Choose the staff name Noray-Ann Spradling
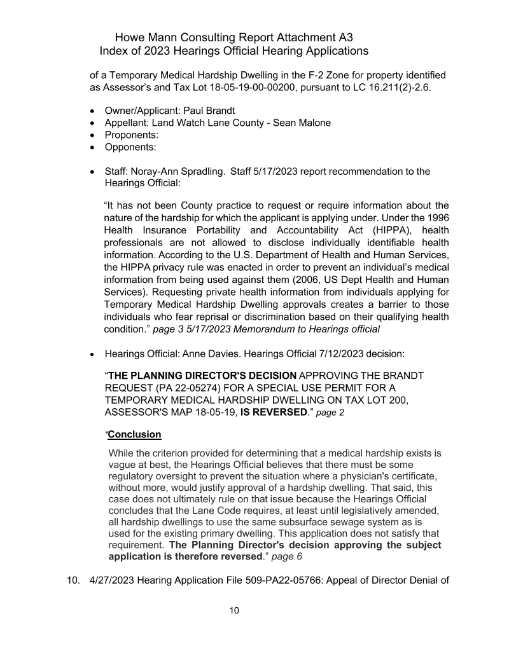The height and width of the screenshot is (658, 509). [x=172, y=171]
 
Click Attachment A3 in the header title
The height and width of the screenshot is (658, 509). [x=323, y=37]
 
